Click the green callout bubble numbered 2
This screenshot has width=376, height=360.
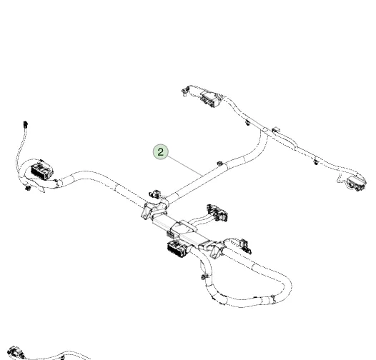coord(161,151)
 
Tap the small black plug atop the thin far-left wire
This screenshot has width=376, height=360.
coord(26,124)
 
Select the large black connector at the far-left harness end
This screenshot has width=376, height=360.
coord(42,169)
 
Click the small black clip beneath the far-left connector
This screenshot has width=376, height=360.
coord(28,188)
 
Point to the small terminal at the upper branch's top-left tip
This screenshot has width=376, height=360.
coord(184,92)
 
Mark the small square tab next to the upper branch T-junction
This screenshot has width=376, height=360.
coord(276,130)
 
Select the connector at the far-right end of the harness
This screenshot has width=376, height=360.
coord(357,183)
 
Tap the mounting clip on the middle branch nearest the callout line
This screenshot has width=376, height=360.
coord(220,164)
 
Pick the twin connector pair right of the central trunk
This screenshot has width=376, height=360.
coord(217,212)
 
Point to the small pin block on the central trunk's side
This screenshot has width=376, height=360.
coord(170,234)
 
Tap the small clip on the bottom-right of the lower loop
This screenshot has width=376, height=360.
coord(273,298)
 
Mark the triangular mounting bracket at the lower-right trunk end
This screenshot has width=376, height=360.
coord(216,251)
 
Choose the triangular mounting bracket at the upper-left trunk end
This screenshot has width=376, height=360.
coord(147,211)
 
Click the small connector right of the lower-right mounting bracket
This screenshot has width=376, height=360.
coord(246,246)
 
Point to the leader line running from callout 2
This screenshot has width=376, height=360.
coord(184,166)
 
